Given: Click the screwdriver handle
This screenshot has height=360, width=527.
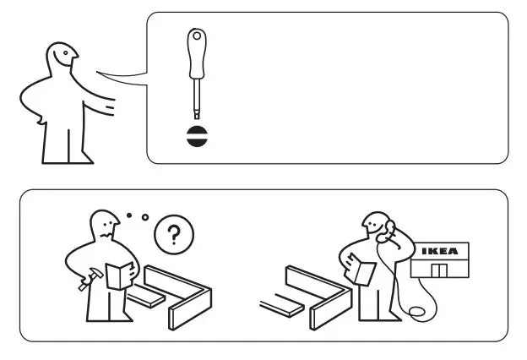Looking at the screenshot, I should [197, 51].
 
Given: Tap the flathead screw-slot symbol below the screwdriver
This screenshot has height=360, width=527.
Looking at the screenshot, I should [197, 136].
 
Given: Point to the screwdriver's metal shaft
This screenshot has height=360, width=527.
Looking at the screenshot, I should [197, 97].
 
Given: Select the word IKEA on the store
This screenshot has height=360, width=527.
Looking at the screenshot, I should [440, 251].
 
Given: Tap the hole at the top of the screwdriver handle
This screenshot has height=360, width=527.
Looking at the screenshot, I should [197, 36].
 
